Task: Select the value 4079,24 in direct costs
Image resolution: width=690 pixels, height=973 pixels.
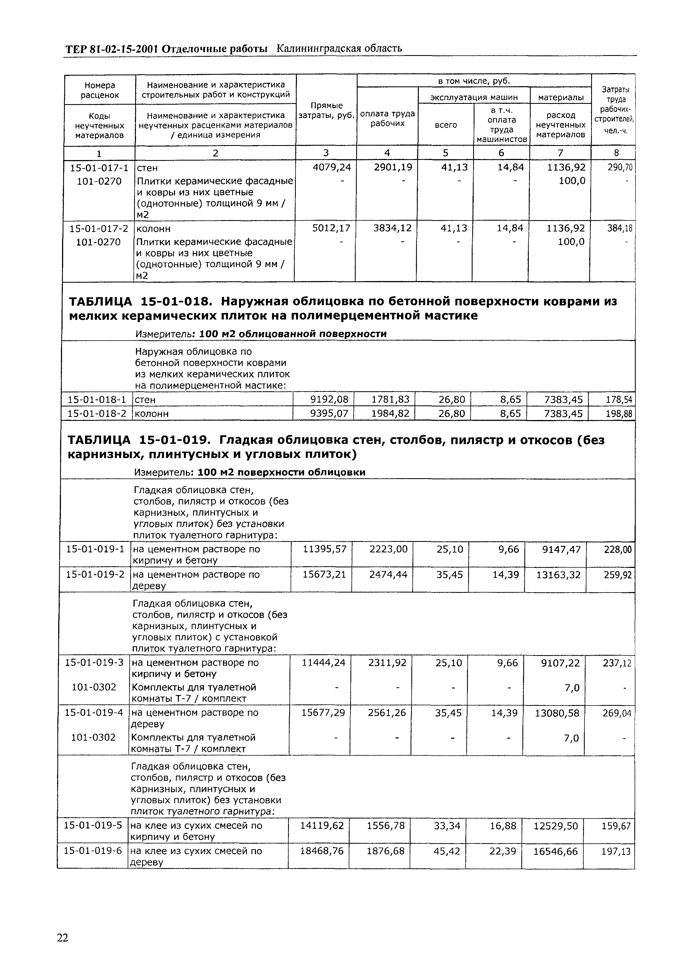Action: click(332, 167)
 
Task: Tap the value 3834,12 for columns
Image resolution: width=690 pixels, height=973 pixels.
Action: click(392, 228)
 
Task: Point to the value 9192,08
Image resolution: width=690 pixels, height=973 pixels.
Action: click(329, 400)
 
